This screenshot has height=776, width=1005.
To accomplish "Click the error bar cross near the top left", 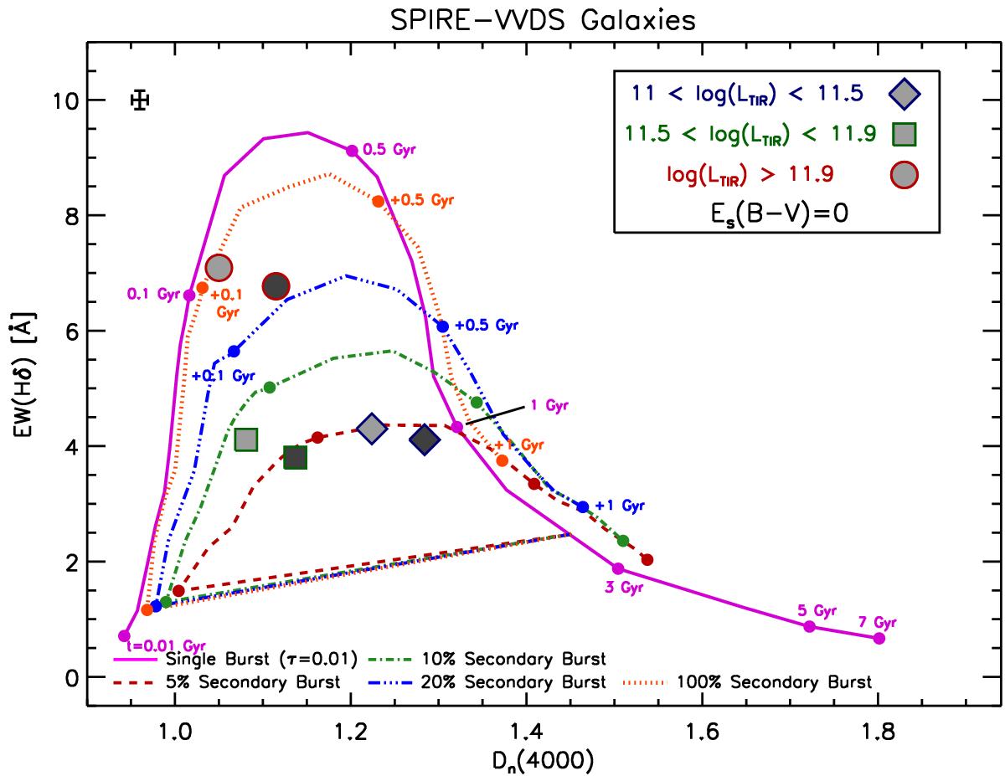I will pyautogui.click(x=141, y=100).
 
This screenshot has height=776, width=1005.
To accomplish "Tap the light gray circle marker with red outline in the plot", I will pyautogui.click(x=219, y=268).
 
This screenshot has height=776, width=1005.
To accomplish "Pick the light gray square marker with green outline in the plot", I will pyautogui.click(x=245, y=439).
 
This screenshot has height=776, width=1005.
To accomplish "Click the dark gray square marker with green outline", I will pyautogui.click(x=295, y=457).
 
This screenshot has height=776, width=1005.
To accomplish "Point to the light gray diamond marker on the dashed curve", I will pyautogui.click(x=373, y=429).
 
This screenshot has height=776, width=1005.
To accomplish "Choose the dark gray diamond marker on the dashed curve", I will pyautogui.click(x=425, y=439).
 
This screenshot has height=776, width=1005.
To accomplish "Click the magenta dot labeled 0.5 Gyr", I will pyautogui.click(x=352, y=151).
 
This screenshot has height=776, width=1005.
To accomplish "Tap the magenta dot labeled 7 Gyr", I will pyautogui.click(x=879, y=638).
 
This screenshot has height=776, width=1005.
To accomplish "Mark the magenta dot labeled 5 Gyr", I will pyautogui.click(x=809, y=626).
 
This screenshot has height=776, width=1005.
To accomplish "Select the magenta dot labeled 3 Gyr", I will pyautogui.click(x=618, y=568).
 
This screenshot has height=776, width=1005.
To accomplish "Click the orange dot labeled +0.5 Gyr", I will pyautogui.click(x=379, y=201).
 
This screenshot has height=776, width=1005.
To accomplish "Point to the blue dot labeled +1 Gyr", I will pyautogui.click(x=583, y=506).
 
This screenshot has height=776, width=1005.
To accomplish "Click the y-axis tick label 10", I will pyautogui.click(x=61, y=100).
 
